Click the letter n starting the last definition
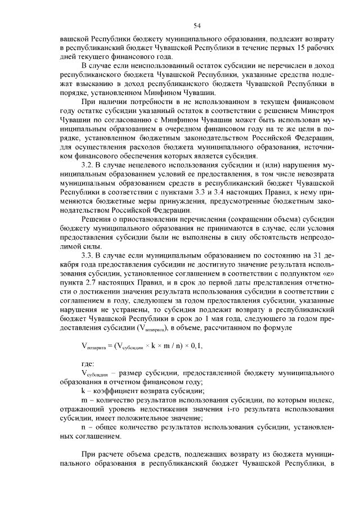(84, 427)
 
